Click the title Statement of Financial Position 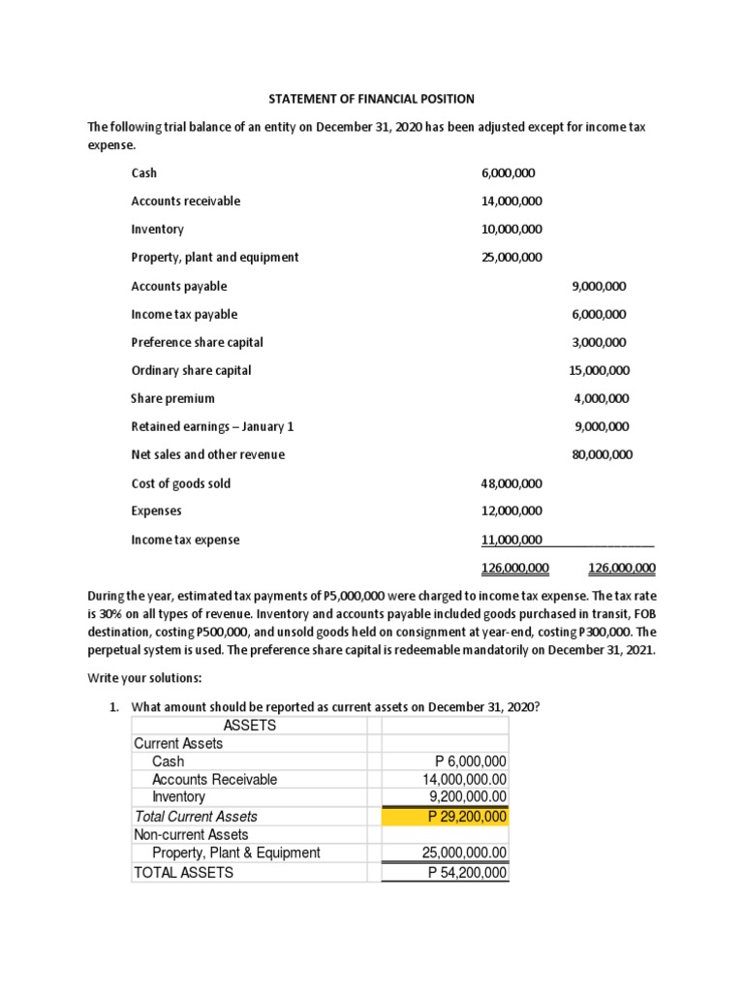pyautogui.click(x=371, y=99)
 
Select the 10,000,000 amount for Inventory pyautogui.click(x=511, y=230)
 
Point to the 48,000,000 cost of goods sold pyautogui.click(x=511, y=483)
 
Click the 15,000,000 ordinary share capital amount pyautogui.click(x=600, y=370)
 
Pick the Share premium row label pyautogui.click(x=172, y=398)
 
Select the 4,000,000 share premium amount pyautogui.click(x=602, y=398)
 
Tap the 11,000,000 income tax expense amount pyautogui.click(x=511, y=540)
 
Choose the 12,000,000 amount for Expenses pyautogui.click(x=511, y=511)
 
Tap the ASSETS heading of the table pyautogui.click(x=250, y=726)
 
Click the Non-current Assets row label pyautogui.click(x=191, y=835)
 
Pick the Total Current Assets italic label pyautogui.click(x=196, y=817)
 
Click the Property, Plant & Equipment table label pyautogui.click(x=235, y=853)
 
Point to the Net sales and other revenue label pyautogui.click(x=207, y=454)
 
